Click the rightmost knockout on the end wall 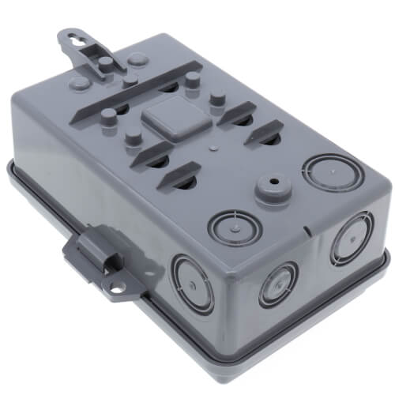pos(347,237)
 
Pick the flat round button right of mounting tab pos(137,58)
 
